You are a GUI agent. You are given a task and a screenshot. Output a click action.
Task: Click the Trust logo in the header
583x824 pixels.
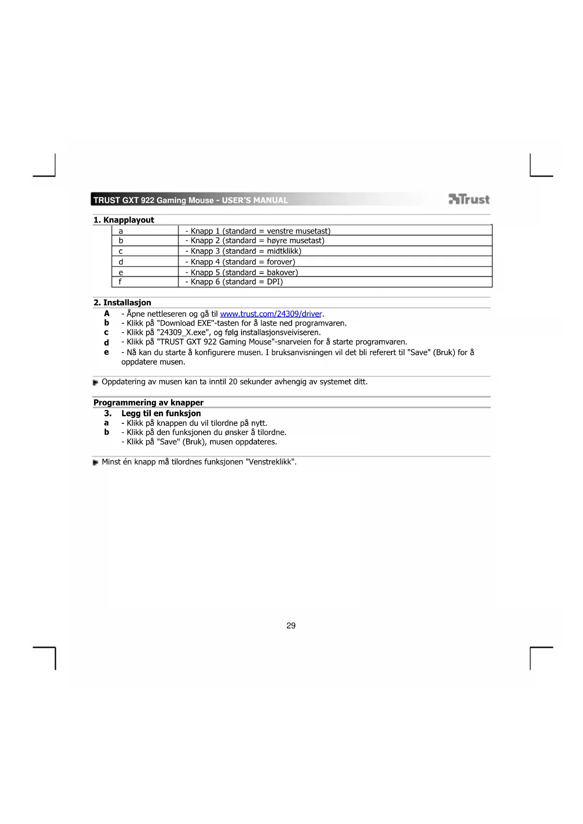(x=469, y=200)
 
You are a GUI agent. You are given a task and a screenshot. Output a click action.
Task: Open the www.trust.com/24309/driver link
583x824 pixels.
(x=271, y=314)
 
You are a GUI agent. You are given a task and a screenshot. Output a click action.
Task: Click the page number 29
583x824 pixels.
(x=291, y=626)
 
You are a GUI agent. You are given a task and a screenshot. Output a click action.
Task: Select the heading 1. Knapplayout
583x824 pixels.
(x=124, y=220)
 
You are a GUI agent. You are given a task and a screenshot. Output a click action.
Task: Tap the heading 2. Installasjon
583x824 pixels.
(x=122, y=303)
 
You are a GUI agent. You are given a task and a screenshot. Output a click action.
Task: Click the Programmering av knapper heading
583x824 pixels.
(x=148, y=403)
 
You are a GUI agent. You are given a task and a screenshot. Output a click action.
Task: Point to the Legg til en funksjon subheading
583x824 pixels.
(x=161, y=413)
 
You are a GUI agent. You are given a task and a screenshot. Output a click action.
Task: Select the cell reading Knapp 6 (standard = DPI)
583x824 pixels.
(x=236, y=282)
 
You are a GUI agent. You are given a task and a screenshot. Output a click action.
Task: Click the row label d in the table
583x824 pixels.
(x=121, y=262)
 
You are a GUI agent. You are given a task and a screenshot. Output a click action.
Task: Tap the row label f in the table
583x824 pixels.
(x=120, y=282)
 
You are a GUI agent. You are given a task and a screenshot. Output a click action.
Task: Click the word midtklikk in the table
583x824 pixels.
(x=284, y=251)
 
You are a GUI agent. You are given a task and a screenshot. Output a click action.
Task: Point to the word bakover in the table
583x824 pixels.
(x=282, y=272)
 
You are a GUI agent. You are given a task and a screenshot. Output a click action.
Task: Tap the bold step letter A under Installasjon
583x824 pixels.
(x=107, y=314)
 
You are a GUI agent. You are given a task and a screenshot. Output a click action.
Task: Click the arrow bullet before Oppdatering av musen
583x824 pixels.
(x=95, y=382)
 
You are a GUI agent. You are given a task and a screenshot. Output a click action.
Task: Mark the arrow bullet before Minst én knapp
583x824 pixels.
(x=95, y=462)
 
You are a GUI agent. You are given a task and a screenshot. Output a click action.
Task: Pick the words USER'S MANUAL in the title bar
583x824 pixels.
(x=255, y=200)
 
